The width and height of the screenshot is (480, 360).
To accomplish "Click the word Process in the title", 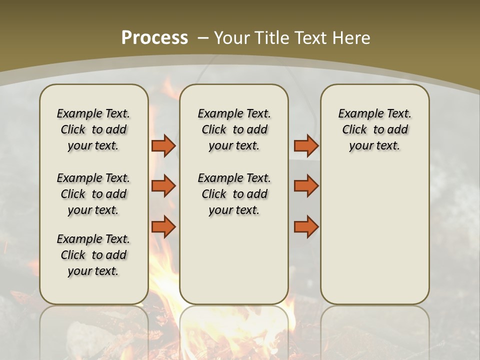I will pos(154,37).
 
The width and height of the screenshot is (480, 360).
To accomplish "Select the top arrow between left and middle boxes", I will pos(163,145).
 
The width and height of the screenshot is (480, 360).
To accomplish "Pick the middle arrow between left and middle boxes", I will pos(163,186).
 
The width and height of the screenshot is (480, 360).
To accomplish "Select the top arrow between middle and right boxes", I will pos(306,145).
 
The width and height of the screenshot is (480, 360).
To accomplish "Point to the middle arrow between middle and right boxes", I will pos(306,186).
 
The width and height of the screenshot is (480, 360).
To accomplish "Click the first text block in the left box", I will pos(93,129).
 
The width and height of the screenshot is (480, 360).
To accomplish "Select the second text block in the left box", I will pos(93,194).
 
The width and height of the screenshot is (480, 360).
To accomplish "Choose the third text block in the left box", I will pos(93,255).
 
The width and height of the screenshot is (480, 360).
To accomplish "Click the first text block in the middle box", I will pos(234,129).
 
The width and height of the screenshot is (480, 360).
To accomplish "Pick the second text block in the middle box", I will pos(234,194).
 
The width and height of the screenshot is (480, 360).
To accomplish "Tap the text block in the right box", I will pos(375,129).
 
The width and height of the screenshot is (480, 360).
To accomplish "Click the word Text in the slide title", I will pos(312,38).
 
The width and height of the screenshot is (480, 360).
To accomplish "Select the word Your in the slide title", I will pos(231,38).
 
